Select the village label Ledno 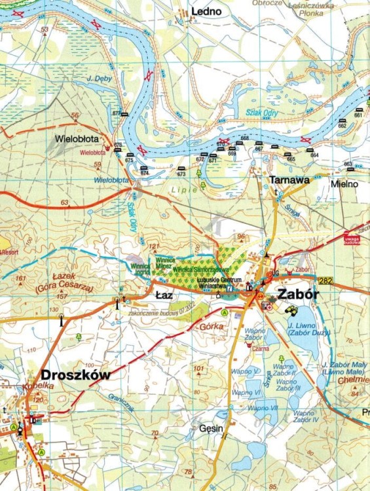(206, 12)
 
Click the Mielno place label (344, 184)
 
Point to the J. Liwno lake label (302, 325)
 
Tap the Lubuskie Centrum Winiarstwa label (221, 282)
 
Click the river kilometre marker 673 (181, 174)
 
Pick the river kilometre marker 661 (358, 115)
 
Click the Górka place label (211, 325)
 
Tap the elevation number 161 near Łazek (21, 278)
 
